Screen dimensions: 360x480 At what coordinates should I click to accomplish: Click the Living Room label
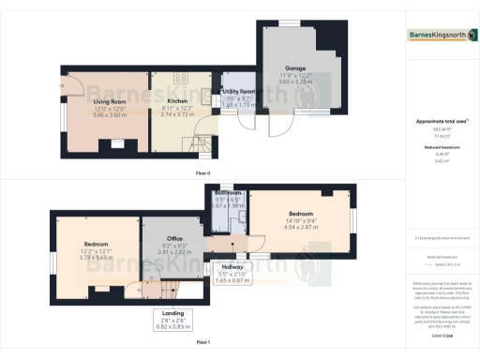pos(111,100)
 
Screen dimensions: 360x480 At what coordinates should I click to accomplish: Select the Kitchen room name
pos(177,100)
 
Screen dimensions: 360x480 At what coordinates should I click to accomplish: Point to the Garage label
pos(296,67)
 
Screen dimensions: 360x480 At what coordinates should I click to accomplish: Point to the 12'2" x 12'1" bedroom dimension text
pos(97,251)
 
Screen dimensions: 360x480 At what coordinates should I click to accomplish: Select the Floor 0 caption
pos(202,173)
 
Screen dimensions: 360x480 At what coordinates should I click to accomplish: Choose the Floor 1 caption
pos(202,342)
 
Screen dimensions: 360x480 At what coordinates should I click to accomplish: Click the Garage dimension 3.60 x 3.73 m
pos(296,82)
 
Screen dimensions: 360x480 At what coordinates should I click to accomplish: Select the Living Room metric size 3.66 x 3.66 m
pos(111,114)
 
